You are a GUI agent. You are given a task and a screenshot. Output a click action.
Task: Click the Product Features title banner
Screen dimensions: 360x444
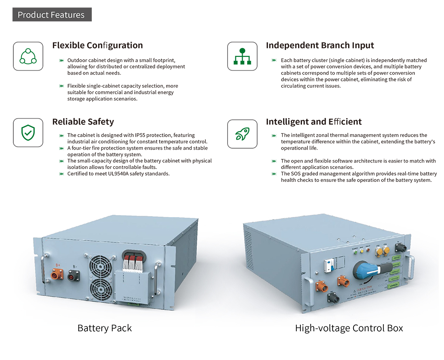[52, 15]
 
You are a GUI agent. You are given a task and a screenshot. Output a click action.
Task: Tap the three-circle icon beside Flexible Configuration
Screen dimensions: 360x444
[28, 56]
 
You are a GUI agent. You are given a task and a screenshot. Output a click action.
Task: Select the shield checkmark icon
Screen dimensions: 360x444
[28, 133]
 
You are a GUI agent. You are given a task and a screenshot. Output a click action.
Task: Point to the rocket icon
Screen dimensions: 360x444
[242, 134]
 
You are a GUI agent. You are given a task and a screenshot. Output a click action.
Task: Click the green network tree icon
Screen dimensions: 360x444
[242, 56]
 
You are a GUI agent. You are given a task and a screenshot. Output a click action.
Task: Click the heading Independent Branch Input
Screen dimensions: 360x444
[320, 45]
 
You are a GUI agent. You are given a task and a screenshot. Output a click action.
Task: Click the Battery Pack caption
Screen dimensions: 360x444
[104, 328]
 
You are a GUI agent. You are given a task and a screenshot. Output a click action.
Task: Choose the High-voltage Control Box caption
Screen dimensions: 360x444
[349, 328]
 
